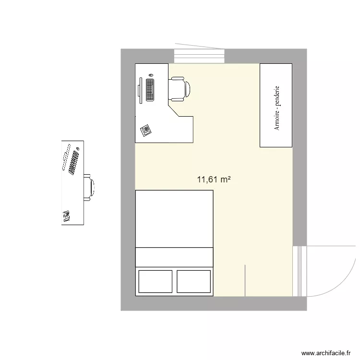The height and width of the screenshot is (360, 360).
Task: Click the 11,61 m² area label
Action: pos(214,180)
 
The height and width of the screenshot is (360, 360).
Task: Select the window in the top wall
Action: pos(199,56)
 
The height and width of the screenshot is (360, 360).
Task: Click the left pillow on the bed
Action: pos(155,281)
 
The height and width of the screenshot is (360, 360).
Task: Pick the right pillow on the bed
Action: pos(194,281)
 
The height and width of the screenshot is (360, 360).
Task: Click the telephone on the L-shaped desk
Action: pos(145,129)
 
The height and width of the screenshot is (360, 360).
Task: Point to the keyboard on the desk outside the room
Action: pos(74,162)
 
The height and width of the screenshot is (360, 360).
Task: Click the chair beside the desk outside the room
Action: pos(90,187)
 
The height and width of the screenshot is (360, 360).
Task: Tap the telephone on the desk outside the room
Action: pos(66,216)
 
